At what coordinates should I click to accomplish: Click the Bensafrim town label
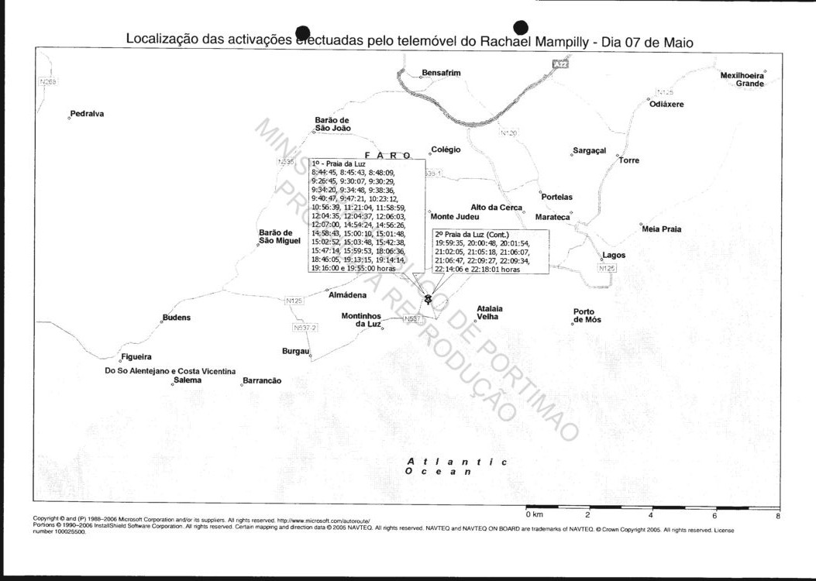(x=441, y=73)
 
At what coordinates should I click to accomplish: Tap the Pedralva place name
(x=87, y=114)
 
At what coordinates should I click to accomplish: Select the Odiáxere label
(x=666, y=104)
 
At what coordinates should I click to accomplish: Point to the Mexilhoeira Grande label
(x=742, y=79)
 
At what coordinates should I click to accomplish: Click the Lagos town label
(x=614, y=255)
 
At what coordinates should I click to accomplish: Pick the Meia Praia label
(x=662, y=229)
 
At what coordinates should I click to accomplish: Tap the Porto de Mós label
(x=587, y=316)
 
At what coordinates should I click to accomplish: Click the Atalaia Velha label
(x=489, y=312)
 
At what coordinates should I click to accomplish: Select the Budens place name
(x=176, y=318)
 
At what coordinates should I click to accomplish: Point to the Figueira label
(x=136, y=357)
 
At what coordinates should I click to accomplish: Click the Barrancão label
(x=262, y=380)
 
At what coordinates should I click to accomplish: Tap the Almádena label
(x=347, y=295)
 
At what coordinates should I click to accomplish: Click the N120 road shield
(x=508, y=133)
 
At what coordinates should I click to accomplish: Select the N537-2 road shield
(x=306, y=328)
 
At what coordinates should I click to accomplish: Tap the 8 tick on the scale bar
(x=777, y=514)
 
